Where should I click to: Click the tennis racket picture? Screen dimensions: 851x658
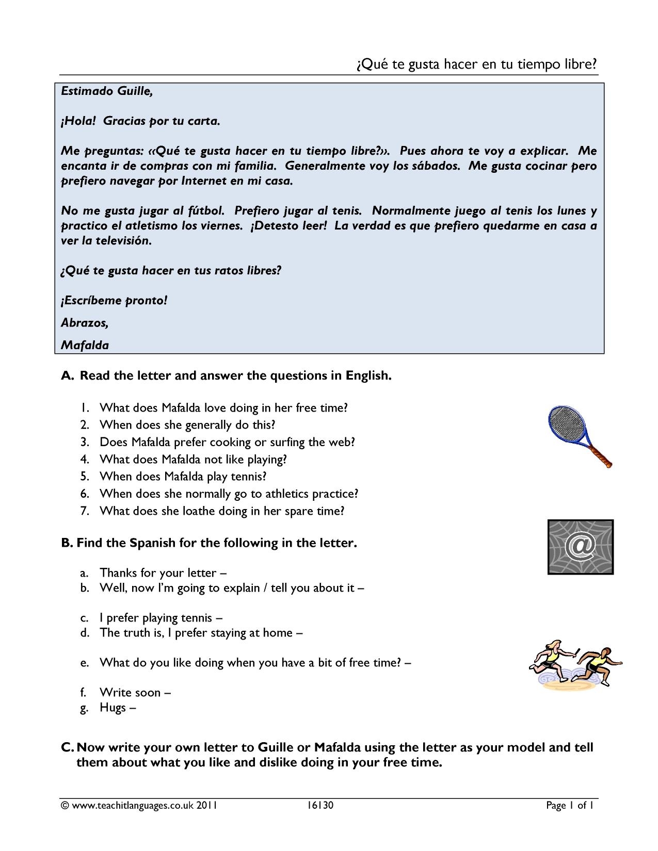click(x=577, y=435)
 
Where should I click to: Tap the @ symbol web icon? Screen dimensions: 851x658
click(x=581, y=547)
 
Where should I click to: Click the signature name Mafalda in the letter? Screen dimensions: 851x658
click(x=85, y=346)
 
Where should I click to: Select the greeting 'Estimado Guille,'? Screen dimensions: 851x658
click(x=107, y=91)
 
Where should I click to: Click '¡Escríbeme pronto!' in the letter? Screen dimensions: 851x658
click(x=114, y=300)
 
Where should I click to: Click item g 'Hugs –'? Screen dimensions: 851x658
click(x=117, y=708)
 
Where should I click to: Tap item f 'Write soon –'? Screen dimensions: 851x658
click(x=135, y=693)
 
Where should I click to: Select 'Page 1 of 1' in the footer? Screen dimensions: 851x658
click(x=571, y=806)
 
